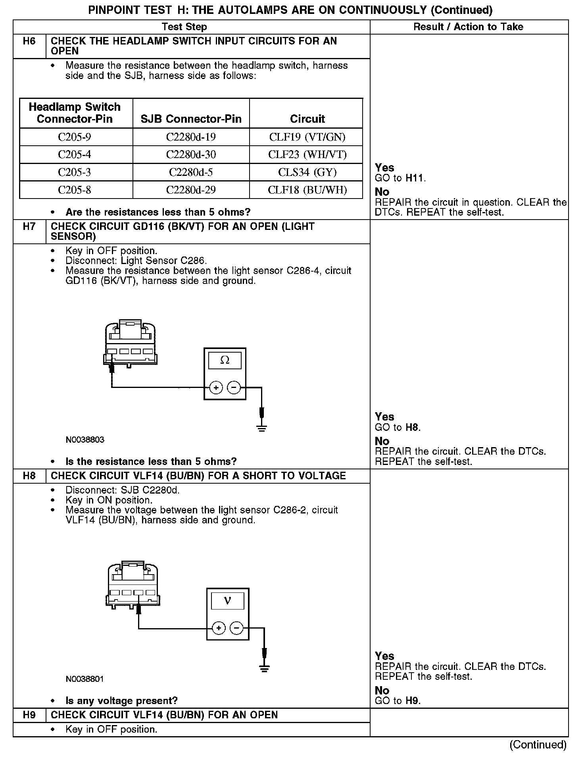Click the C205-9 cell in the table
[x=75, y=137]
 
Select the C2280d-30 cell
[x=191, y=154]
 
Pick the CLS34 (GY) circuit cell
[x=307, y=172]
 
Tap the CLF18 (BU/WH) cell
[x=307, y=190]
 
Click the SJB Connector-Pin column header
[x=191, y=119]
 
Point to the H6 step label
[x=29, y=41]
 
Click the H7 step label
[x=29, y=227]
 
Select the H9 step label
[x=29, y=715]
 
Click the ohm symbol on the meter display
[x=225, y=360]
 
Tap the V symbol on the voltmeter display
[x=227, y=600]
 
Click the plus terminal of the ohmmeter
[x=216, y=387]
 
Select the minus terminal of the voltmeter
[x=236, y=628]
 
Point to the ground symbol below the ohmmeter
[x=261, y=428]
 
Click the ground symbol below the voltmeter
[x=265, y=668]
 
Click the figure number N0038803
[x=85, y=440]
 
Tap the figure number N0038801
[x=85, y=679]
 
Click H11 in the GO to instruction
[x=415, y=178]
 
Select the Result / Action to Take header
[x=468, y=27]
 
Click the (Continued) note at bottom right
[x=538, y=745]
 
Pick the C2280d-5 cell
[x=191, y=172]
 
